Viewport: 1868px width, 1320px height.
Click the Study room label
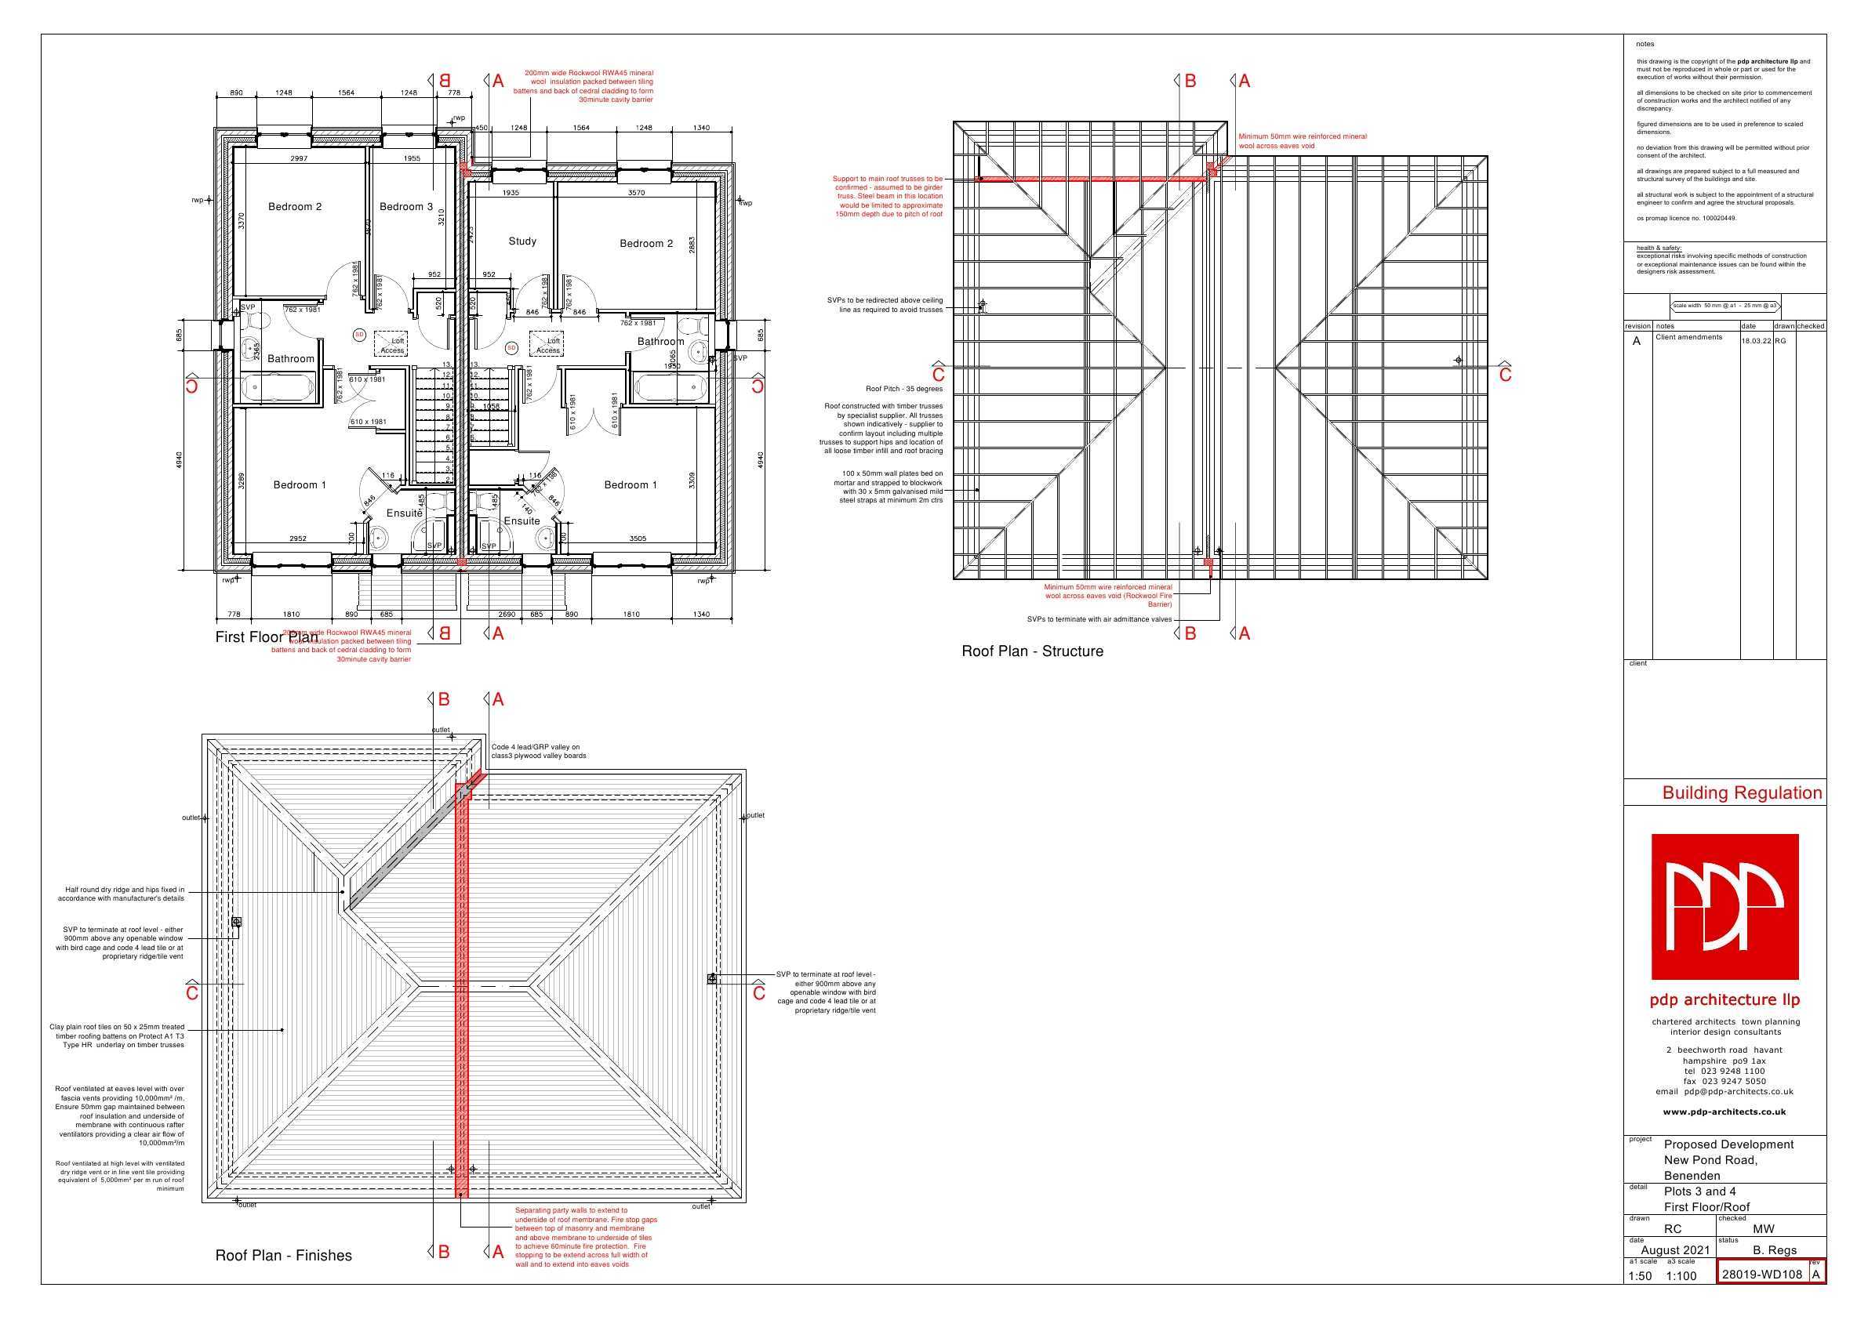pyautogui.click(x=522, y=241)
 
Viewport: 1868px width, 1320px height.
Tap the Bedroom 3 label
pyautogui.click(x=406, y=207)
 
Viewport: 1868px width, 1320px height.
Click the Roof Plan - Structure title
pyautogui.click(x=1033, y=651)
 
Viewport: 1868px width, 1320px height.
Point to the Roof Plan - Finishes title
pyautogui.click(x=283, y=1256)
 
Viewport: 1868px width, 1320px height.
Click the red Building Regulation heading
pyautogui.click(x=1742, y=793)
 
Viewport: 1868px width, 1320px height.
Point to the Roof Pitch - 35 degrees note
pyautogui.click(x=904, y=389)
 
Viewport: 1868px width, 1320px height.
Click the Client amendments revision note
pyautogui.click(x=1688, y=337)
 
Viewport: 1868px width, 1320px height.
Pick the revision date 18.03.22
pyautogui.click(x=1756, y=341)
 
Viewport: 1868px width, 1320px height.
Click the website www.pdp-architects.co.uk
pyautogui.click(x=1724, y=1111)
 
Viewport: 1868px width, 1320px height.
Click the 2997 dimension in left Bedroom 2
pyautogui.click(x=299, y=158)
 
